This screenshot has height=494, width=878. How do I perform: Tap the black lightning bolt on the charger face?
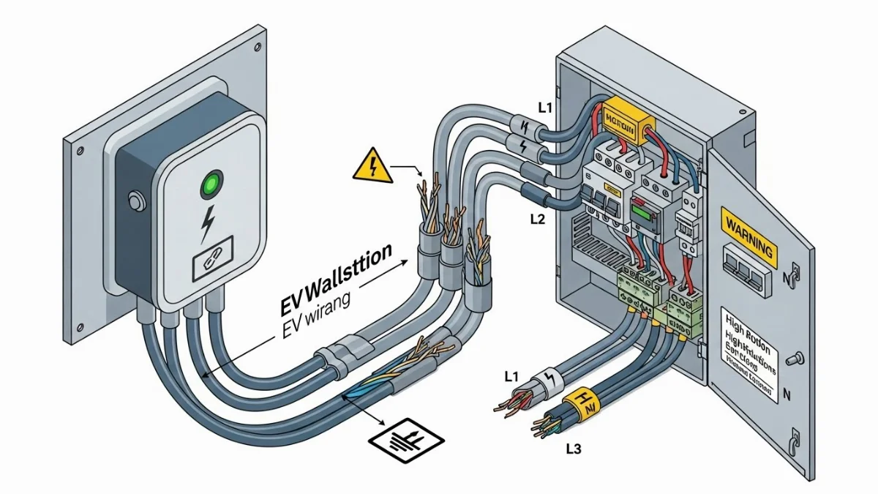(209, 223)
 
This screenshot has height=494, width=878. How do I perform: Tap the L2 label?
(538, 218)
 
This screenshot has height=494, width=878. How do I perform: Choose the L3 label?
(573, 449)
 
